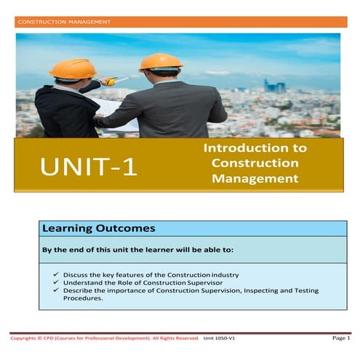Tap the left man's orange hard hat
point(73,68)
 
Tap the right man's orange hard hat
point(161,61)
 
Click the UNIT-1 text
point(89,167)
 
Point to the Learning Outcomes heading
point(88,228)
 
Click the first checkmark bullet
point(57,274)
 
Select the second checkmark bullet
point(57,282)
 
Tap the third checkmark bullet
point(57,290)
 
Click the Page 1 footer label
point(340,339)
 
